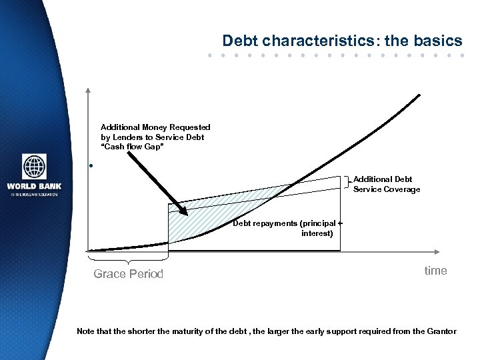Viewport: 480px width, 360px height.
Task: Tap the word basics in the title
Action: [x=438, y=41]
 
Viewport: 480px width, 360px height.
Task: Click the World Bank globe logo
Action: [x=34, y=167]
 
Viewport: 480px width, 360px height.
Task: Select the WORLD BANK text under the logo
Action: [x=33, y=186]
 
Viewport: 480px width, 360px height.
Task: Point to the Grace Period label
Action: [x=128, y=274]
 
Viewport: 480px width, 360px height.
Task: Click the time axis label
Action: [x=436, y=270]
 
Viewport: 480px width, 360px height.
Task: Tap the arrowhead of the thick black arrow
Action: [x=183, y=211]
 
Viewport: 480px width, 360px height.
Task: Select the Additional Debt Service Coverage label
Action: [x=387, y=185]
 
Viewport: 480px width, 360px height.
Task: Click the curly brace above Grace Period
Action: [x=128, y=258]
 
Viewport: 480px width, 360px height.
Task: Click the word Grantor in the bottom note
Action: [x=440, y=331]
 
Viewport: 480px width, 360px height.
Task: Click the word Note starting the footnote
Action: [x=86, y=331]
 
